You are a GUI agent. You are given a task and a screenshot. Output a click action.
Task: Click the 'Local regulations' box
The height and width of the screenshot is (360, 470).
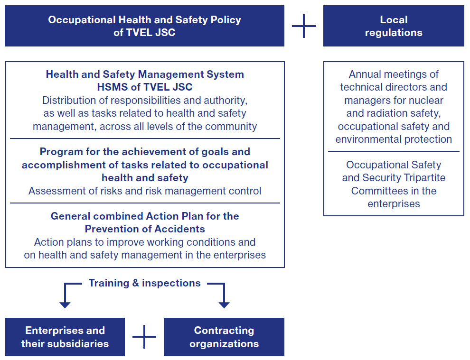[x=394, y=26]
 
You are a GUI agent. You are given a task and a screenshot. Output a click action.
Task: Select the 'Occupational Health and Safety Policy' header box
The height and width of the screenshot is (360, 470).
[x=144, y=26]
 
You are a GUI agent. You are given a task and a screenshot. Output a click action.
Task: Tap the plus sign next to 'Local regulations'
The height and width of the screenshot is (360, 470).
[x=304, y=26]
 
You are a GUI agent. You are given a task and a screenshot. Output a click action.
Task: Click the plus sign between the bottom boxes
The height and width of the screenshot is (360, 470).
[x=144, y=337]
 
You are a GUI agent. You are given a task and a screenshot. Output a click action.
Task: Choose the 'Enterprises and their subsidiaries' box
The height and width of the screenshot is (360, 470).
[x=65, y=337]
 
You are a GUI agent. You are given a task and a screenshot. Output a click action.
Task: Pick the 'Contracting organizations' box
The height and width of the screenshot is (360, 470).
[x=224, y=337]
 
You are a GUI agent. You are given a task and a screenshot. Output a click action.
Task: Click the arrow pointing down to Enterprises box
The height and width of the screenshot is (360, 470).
[x=65, y=303]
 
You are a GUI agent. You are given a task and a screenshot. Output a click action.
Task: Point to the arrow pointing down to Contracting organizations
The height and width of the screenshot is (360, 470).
[x=224, y=303]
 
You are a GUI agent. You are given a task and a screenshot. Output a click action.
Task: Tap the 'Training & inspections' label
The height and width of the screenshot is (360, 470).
[x=144, y=283]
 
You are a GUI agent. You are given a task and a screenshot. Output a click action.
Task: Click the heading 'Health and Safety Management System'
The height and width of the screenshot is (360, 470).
[x=145, y=74]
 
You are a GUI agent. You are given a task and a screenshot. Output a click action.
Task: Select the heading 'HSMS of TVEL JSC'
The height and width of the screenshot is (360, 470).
[x=145, y=87]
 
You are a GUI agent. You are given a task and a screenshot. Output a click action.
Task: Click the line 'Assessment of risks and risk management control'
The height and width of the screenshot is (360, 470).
[x=145, y=191]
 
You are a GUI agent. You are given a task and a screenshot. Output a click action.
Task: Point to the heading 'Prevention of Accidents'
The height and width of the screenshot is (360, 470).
[x=145, y=229]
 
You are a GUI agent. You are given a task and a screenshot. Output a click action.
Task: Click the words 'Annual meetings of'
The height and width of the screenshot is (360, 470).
[x=394, y=74]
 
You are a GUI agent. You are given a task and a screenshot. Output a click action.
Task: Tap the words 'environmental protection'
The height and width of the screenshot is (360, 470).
[x=394, y=139]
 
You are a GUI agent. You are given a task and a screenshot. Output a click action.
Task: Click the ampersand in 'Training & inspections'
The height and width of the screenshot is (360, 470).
[x=135, y=283]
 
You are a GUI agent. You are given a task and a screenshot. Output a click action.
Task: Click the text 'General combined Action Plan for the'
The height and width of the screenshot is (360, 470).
[x=145, y=216]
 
